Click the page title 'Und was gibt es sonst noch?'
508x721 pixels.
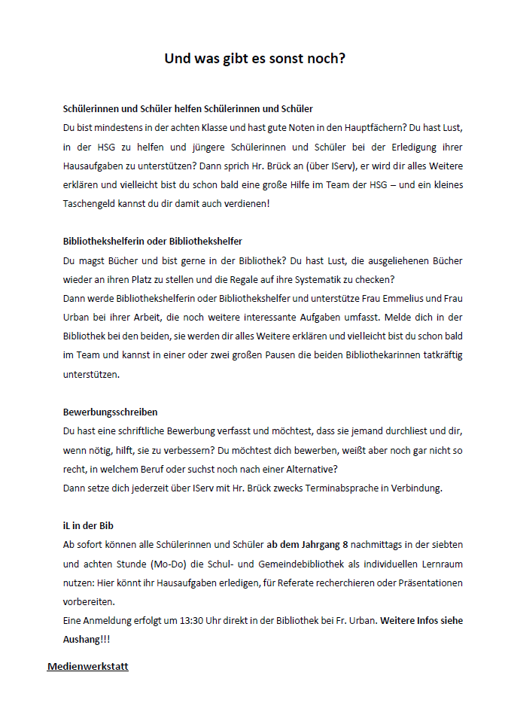click(x=254, y=58)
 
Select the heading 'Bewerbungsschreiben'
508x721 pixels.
click(x=110, y=412)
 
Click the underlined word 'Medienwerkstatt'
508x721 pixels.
click(x=88, y=666)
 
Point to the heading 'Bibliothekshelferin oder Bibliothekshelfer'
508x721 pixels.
click(x=152, y=242)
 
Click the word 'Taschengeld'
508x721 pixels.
click(x=89, y=204)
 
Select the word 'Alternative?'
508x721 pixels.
click(x=337, y=468)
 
